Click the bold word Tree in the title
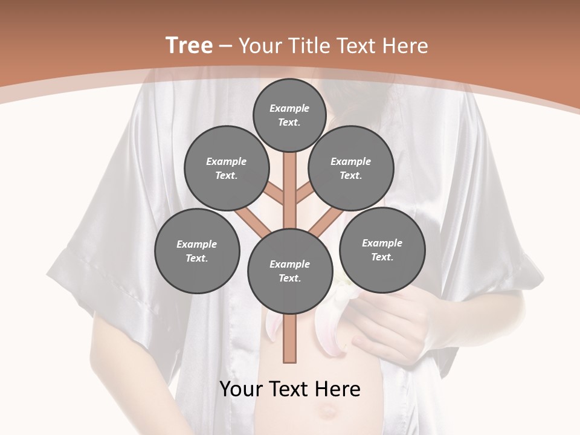tap(189, 46)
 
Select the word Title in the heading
tap(310, 46)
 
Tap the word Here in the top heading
tap(405, 46)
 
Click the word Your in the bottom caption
tap(241, 389)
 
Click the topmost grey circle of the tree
tap(290, 115)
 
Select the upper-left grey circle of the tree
tap(226, 169)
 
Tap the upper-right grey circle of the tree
tap(350, 169)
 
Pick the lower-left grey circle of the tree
tap(197, 251)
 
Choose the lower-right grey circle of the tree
tap(382, 250)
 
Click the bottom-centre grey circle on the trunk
tap(290, 271)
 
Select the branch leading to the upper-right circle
tap(304, 193)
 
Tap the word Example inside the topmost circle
tap(289, 109)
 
